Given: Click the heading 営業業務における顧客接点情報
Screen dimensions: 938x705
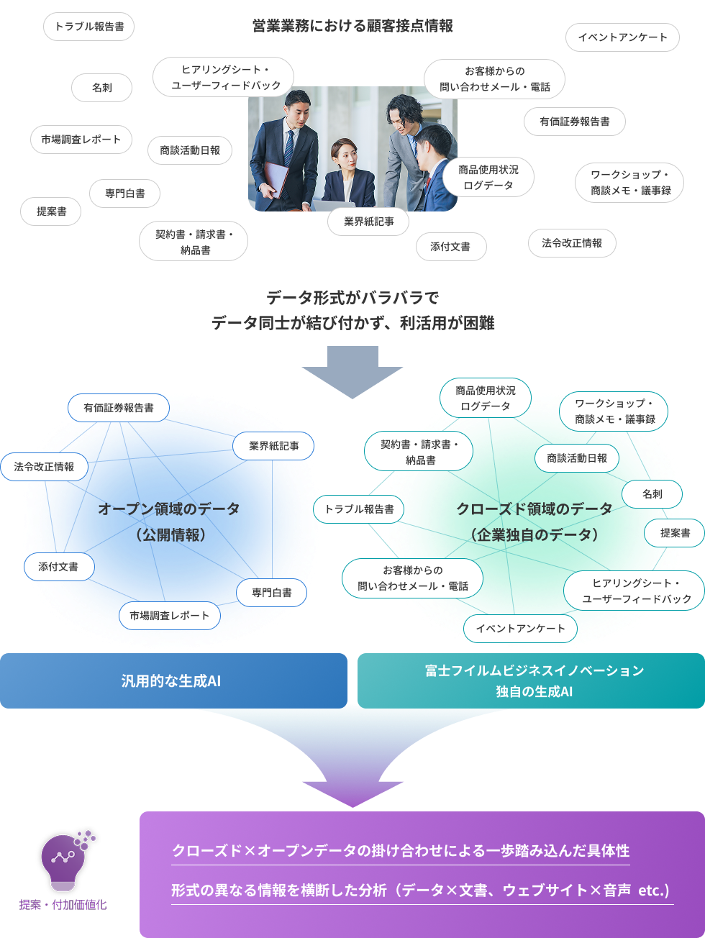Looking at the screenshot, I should pos(352,27).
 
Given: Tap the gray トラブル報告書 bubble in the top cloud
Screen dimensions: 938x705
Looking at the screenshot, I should pos(89,27).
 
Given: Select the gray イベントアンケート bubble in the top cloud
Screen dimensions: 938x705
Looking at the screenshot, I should pos(622,37).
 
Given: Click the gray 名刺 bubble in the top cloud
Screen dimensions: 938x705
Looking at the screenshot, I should pos(102,88).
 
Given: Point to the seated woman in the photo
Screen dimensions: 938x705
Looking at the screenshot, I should pos(347,173).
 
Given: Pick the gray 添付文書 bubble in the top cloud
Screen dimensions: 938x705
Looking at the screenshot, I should pos(450,247).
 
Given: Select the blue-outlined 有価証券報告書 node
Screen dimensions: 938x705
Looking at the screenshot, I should pos(119,408).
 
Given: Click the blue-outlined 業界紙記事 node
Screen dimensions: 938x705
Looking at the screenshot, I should pos(273,446).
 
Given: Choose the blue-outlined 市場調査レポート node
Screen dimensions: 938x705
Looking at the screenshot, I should pos(169,616).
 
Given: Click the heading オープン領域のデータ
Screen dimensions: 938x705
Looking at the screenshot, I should pos(169,509).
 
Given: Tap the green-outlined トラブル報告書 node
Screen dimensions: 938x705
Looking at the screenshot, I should pos(359,509).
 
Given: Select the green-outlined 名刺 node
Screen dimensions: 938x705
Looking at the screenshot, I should pos(652,494).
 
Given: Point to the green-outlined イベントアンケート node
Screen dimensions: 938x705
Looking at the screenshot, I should pos(520,629).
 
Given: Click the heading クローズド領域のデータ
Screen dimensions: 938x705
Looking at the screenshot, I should pos(535,509).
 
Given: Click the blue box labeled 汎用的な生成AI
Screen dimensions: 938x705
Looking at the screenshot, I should pos(173,680).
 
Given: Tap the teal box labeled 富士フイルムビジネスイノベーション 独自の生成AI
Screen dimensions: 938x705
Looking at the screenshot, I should pos(532,680).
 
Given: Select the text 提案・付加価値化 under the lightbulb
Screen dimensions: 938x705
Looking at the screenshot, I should pos(63,905).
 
